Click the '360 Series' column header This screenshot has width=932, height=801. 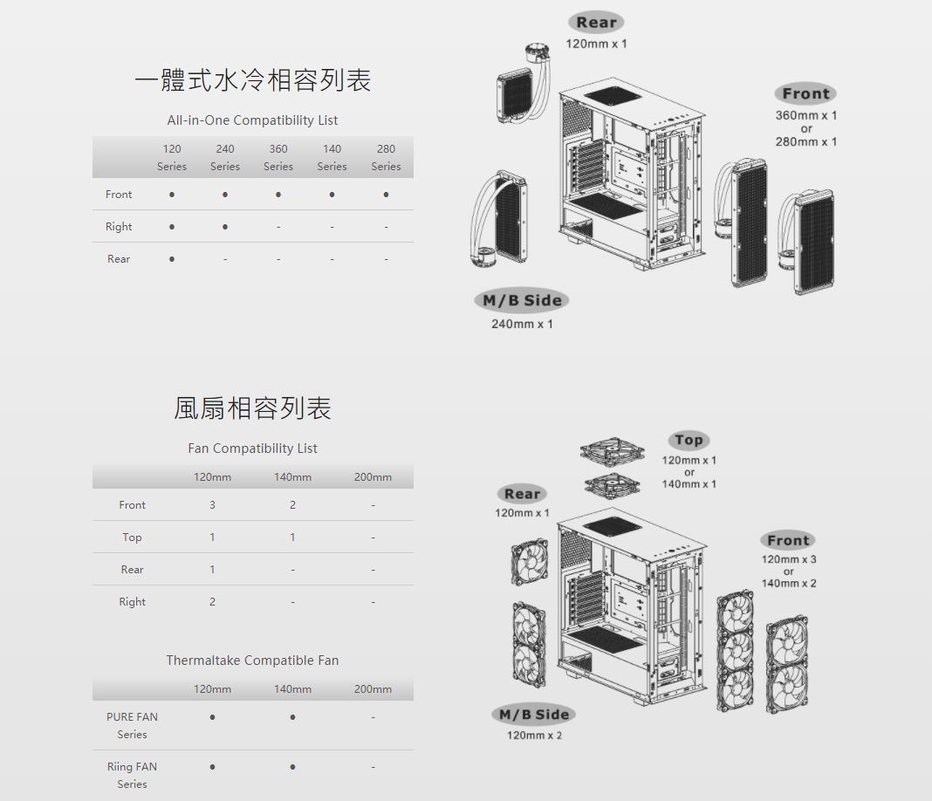coord(278,157)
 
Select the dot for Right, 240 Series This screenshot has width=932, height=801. coord(224,226)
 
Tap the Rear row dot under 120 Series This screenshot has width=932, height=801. coord(172,259)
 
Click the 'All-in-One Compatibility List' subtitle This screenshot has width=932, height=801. coord(252,120)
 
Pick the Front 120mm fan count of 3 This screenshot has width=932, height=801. coord(212,505)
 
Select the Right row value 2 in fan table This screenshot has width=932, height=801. coord(212,602)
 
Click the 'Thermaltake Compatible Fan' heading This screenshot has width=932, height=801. coord(252,661)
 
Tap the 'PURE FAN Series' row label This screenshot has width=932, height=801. coord(132,726)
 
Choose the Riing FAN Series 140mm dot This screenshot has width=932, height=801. coord(292,767)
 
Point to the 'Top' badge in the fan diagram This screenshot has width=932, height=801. coord(689,441)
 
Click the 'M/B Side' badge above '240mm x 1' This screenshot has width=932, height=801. coord(522,300)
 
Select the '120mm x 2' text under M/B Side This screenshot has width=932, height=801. coord(534,736)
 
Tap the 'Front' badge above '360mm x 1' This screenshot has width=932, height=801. coord(806,93)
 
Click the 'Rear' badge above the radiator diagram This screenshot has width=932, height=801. coord(596,22)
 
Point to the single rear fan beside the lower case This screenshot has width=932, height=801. coord(530,562)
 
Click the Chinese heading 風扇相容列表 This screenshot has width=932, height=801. coord(252,409)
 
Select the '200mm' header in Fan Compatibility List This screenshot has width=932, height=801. coord(373,477)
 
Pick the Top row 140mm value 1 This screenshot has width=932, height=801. coord(292,537)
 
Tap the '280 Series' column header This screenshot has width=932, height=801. coord(386,157)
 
